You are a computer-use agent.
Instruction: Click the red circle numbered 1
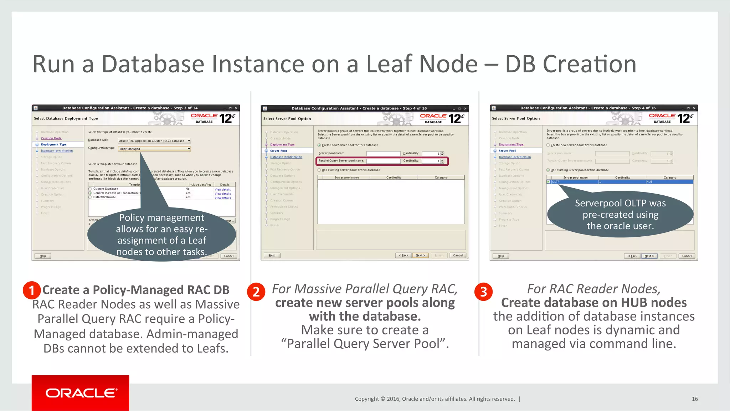coord(32,290)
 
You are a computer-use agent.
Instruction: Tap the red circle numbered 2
coord(256,292)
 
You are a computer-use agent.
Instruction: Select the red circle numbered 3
coord(483,292)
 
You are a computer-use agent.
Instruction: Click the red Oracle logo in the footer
coord(80,393)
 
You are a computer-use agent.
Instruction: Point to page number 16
coord(694,399)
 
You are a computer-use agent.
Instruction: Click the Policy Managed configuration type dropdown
coord(154,149)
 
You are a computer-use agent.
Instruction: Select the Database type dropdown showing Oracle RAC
coord(154,141)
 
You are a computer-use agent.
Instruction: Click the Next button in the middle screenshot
coord(420,255)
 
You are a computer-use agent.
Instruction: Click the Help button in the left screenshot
coord(43,256)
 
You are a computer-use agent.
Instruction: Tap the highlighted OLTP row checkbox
coord(548,182)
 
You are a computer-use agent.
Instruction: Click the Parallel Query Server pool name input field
coord(383,161)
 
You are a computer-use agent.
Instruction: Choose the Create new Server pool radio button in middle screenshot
coord(319,145)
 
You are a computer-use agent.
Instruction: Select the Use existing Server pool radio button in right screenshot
coord(548,170)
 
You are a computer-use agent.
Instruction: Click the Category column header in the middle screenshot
coord(441,178)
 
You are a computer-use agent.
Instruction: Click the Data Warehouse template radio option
coord(91,197)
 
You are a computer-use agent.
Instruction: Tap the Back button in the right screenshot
coord(632,256)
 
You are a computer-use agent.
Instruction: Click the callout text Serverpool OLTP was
coord(620,203)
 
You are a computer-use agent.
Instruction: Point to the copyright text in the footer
coord(435,399)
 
